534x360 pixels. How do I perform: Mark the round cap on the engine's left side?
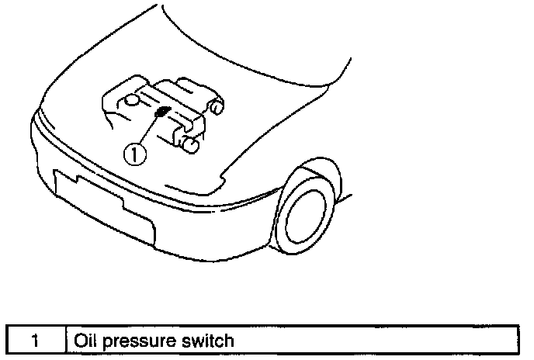pyautogui.click(x=133, y=100)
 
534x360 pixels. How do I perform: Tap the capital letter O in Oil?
pyautogui.click(x=78, y=340)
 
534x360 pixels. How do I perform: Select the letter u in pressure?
pyautogui.click(x=153, y=341)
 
